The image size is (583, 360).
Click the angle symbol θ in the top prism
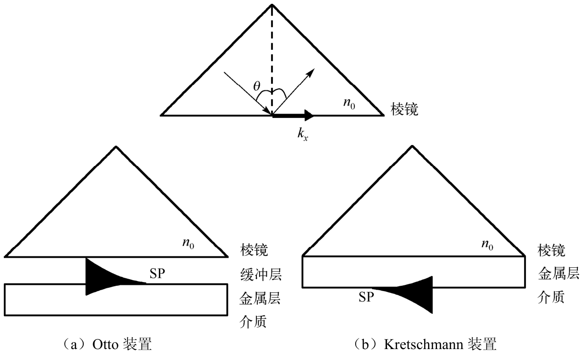[257, 87]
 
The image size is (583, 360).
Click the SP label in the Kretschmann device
[366, 298]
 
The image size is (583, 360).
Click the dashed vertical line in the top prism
[272, 57]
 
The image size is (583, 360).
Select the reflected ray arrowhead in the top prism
[311, 72]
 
